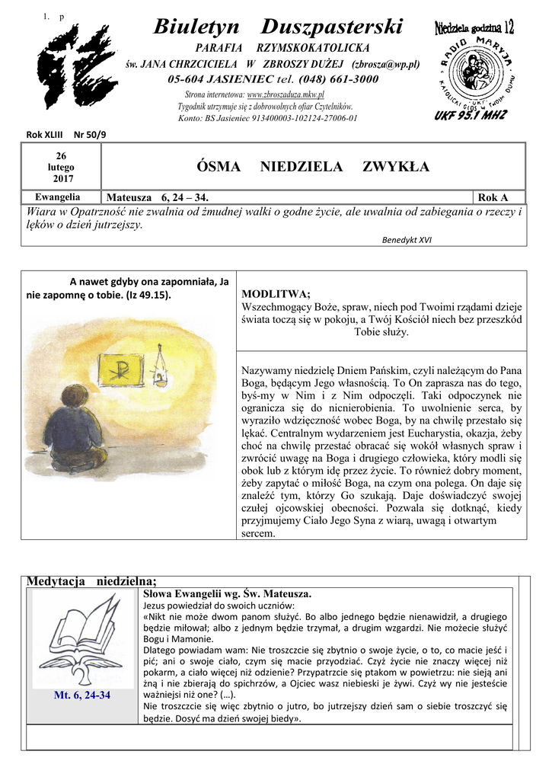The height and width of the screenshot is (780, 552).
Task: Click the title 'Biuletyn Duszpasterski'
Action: click(x=277, y=28)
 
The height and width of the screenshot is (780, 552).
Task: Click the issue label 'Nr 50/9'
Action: click(x=90, y=134)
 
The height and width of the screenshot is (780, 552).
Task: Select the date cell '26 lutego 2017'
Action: click(x=60, y=166)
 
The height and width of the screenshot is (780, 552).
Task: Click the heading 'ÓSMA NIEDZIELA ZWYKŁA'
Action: click(x=313, y=166)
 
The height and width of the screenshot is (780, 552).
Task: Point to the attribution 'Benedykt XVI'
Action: click(x=407, y=238)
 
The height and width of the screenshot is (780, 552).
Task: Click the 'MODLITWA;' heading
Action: click(x=275, y=294)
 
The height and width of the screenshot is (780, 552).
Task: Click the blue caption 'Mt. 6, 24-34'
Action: click(x=82, y=695)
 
